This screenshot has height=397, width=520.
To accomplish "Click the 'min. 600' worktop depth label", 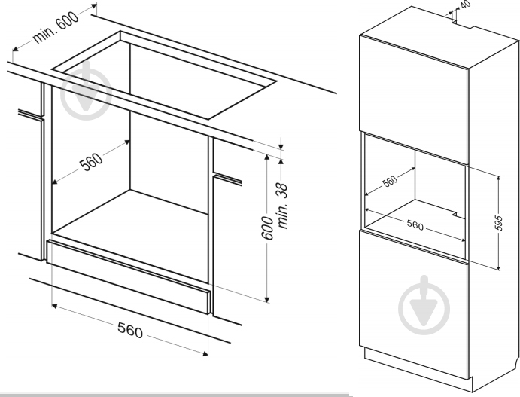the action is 56,26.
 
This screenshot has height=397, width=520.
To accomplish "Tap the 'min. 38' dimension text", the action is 282,206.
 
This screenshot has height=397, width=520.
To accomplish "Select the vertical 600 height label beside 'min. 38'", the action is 267,228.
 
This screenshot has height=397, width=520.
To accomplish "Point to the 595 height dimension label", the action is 498,223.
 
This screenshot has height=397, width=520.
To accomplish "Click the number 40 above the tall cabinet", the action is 465,5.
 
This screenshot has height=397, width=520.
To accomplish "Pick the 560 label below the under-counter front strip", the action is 130,330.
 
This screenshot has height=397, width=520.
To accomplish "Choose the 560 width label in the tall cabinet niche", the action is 415,225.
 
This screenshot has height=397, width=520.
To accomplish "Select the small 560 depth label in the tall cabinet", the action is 390,182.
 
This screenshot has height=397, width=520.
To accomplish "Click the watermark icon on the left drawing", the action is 87,91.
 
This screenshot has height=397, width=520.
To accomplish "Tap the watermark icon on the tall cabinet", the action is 424,305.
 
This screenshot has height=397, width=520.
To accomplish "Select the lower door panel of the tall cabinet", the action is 414,305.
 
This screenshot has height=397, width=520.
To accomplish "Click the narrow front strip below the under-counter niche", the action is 129,276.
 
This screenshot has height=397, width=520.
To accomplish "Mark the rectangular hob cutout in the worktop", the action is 164,75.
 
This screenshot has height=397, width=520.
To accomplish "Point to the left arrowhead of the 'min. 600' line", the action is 15,50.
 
